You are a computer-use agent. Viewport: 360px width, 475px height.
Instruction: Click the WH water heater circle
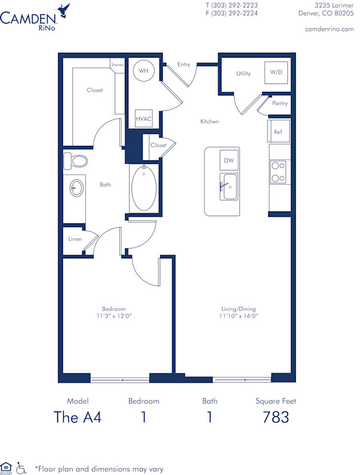[x=143, y=71]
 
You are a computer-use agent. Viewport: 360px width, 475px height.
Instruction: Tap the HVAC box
[x=143, y=119]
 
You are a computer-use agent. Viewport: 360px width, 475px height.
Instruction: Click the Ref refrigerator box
[x=278, y=132]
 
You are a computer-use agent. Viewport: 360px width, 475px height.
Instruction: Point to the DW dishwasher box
[x=229, y=160]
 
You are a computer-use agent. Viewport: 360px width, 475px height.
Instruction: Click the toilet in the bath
[x=75, y=160]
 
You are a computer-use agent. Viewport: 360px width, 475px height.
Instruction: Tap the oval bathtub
[x=143, y=189]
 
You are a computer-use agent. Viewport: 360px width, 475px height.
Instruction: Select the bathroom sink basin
[x=76, y=188]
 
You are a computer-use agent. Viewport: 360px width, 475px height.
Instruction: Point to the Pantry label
[x=280, y=103]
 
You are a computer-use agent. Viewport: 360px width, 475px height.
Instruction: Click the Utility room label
[x=243, y=73]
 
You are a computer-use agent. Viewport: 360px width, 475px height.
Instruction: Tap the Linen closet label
[x=76, y=239]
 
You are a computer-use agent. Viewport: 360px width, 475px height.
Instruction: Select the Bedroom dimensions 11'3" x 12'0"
[x=113, y=315]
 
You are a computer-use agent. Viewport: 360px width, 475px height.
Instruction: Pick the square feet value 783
[x=276, y=417]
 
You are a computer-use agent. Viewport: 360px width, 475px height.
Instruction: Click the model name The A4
[x=77, y=417]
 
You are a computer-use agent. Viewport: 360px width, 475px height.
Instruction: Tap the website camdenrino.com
[x=329, y=29]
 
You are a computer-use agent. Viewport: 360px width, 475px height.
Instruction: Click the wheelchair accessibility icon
[x=22, y=467]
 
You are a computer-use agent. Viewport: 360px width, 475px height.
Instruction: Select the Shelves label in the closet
[x=116, y=65]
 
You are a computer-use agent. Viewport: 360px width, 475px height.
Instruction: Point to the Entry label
[x=184, y=64]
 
